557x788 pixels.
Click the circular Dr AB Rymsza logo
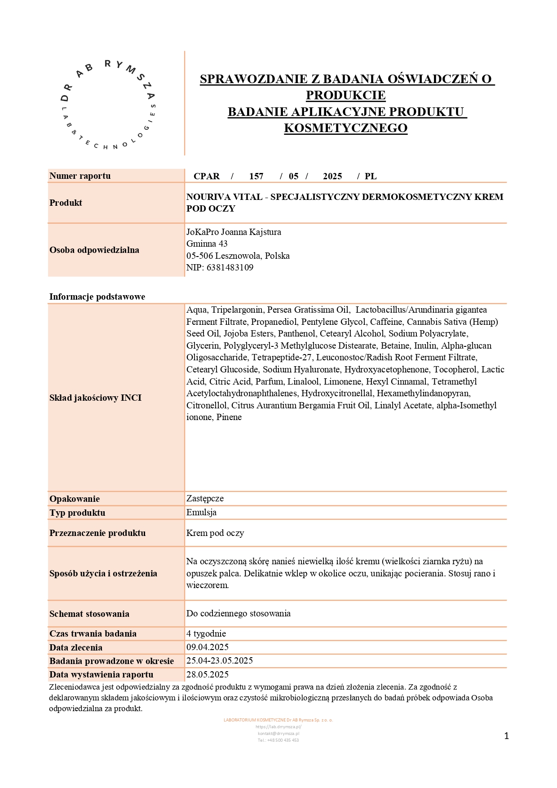click(x=108, y=104)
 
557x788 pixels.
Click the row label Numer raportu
click(x=80, y=176)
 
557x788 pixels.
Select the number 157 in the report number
click(x=256, y=176)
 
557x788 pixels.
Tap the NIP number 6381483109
click(x=230, y=267)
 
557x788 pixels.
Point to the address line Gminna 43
click(x=207, y=243)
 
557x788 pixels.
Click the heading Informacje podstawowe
click(x=97, y=297)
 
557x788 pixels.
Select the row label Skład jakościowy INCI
click(x=95, y=398)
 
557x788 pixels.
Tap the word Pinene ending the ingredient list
click(x=229, y=417)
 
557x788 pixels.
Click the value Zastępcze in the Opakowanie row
click(x=205, y=498)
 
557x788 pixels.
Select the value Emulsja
click(x=201, y=512)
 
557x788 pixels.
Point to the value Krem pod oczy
click(x=215, y=533)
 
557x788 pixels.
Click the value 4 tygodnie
click(x=206, y=633)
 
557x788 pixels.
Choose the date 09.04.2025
click(x=208, y=647)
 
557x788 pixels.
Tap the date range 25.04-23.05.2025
click(x=220, y=660)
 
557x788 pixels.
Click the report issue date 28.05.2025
click(x=208, y=674)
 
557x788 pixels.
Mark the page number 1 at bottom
click(x=507, y=736)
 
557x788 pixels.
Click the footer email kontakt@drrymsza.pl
click(x=278, y=734)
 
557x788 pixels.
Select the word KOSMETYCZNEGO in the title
click(x=346, y=128)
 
